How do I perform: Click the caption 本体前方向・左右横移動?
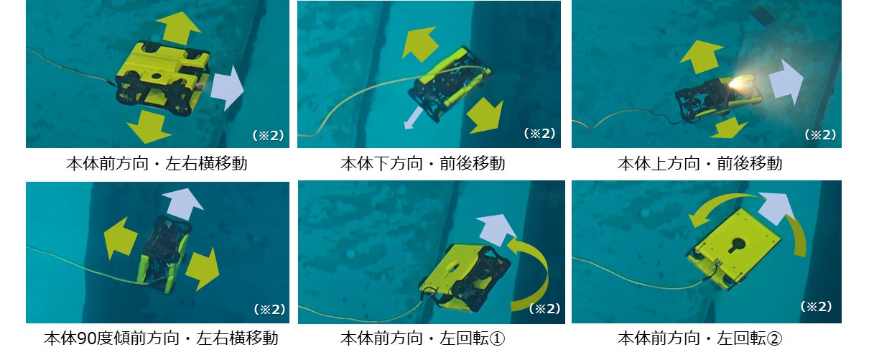157,164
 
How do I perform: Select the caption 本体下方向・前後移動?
423,164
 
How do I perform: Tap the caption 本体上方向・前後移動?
700,164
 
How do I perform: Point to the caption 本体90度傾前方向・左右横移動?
161,338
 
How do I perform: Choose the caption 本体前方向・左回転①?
423,338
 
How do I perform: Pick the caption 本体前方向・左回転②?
700,338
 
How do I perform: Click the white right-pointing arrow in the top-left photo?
227,88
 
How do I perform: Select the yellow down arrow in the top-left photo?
149,126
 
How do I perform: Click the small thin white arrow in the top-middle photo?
413,119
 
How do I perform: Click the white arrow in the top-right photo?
786,82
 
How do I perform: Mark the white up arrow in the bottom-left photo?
182,204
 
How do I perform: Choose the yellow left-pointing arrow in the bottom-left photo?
120,238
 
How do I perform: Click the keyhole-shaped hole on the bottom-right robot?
736,246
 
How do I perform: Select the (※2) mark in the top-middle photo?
539,134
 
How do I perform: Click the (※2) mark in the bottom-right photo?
817,307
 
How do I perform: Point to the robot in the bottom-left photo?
165,254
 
